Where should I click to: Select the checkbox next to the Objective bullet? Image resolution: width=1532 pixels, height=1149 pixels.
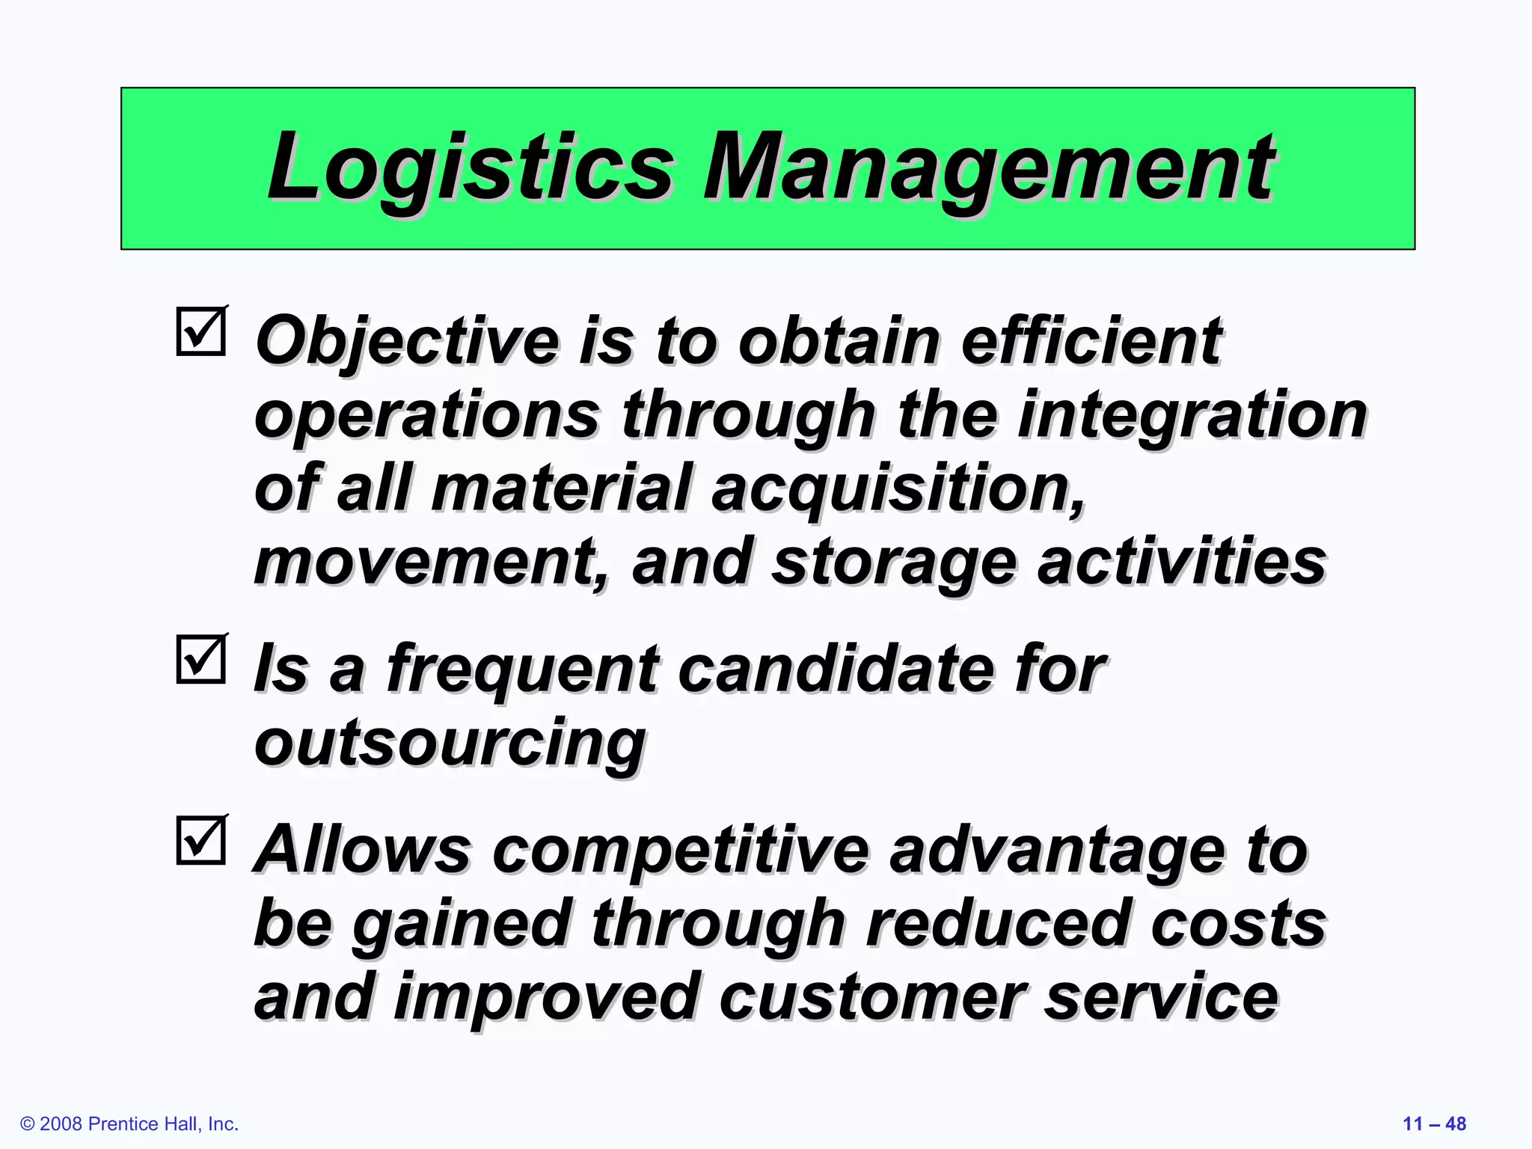pos(201,331)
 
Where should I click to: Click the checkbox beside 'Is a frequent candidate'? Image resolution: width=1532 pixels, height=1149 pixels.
pos(201,659)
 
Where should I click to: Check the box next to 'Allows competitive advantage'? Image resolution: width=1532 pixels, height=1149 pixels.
pos(201,840)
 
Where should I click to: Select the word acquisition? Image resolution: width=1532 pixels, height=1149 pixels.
pos(898,489)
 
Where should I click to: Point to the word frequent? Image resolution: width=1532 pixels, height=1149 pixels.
pos(523,670)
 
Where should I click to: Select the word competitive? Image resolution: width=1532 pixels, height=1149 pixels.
pos(681,851)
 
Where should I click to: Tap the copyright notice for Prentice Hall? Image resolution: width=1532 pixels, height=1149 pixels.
pos(129,1124)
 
